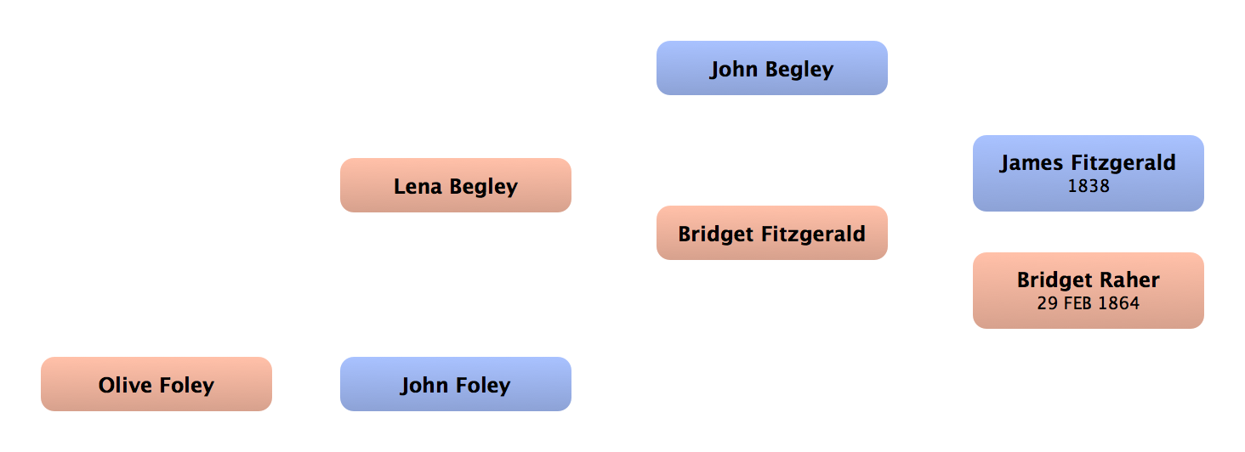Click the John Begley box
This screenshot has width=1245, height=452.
(x=771, y=69)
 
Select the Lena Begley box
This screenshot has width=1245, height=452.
(x=455, y=186)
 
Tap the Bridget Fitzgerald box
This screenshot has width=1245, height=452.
(x=771, y=234)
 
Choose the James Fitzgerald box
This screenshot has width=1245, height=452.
(x=1088, y=173)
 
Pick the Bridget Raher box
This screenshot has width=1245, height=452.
(x=1088, y=290)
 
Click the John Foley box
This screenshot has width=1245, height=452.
(x=455, y=385)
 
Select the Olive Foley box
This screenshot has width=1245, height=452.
(x=156, y=385)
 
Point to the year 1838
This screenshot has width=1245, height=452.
(x=1088, y=186)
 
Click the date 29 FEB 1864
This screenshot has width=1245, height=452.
(x=1088, y=303)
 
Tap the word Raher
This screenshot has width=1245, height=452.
(x=1130, y=280)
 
